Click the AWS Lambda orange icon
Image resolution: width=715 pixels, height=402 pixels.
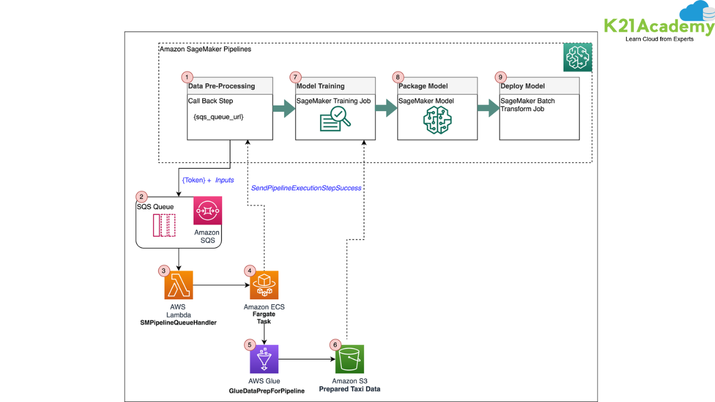point(179,285)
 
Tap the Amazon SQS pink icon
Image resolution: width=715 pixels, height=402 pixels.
point(208,210)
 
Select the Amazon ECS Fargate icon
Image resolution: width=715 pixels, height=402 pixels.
point(264,285)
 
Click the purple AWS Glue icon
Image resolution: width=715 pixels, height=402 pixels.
point(264,359)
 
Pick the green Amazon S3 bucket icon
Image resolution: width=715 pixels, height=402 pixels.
point(350,359)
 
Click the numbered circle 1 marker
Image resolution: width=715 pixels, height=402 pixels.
point(188,77)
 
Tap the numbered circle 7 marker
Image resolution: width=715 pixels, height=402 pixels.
point(295,77)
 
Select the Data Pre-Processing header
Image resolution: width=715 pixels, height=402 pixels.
point(222,86)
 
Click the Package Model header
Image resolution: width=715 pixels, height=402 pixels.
point(423,86)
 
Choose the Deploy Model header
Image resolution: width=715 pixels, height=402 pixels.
point(523,86)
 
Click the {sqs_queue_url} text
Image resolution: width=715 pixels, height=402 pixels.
point(218,117)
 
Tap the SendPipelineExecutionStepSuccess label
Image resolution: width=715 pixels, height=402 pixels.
point(306,188)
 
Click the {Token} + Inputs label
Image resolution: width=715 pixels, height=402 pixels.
point(208,180)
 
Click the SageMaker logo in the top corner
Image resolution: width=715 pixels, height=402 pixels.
point(578,57)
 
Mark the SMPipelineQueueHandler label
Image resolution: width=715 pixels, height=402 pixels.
point(179,323)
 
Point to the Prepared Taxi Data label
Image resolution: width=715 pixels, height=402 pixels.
point(350,389)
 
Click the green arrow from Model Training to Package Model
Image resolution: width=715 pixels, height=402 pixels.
point(386,109)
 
